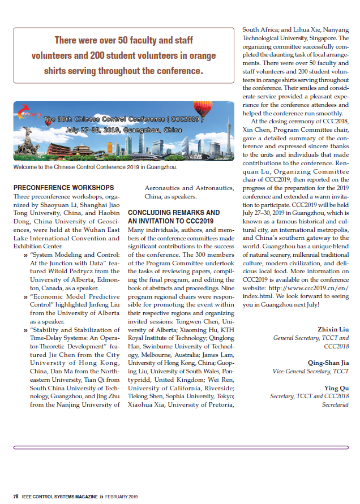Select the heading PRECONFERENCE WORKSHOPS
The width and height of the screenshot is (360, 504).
[x=63, y=188]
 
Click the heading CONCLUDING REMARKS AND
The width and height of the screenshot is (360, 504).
[x=173, y=213]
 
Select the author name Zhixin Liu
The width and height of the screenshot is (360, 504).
[x=333, y=329]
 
